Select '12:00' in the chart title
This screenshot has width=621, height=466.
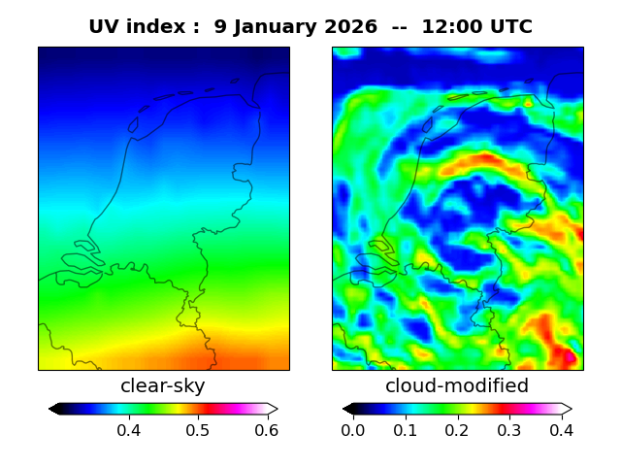pos(452,27)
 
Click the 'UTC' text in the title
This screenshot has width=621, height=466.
pos(510,27)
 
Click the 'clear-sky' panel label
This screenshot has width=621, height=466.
pos(163,386)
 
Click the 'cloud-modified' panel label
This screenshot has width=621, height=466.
pos(457,386)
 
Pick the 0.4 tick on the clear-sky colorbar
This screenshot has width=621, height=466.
pos(129,429)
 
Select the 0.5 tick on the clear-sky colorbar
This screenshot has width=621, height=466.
pos(198,429)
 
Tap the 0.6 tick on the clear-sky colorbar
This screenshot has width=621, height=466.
pos(267,429)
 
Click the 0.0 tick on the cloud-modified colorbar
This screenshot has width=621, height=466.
pos(353,429)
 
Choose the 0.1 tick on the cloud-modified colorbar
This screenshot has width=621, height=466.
pos(406,429)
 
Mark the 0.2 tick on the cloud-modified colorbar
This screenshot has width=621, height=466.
pos(457,429)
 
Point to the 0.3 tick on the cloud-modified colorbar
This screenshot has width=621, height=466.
pos(509,429)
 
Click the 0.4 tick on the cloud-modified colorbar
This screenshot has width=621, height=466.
pos(561,429)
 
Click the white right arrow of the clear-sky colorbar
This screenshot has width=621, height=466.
pos(273,409)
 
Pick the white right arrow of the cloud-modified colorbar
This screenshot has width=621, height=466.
pos(567,409)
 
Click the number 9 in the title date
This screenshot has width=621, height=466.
pos(220,27)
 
